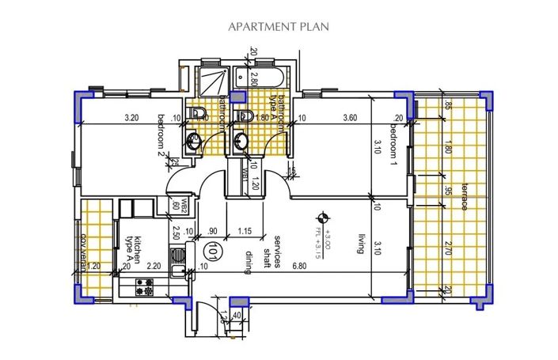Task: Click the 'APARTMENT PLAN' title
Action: point(279,26)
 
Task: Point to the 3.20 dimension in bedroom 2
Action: point(131,119)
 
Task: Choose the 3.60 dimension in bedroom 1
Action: point(348,119)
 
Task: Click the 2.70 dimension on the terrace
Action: point(448,248)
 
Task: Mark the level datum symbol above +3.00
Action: point(322,216)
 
